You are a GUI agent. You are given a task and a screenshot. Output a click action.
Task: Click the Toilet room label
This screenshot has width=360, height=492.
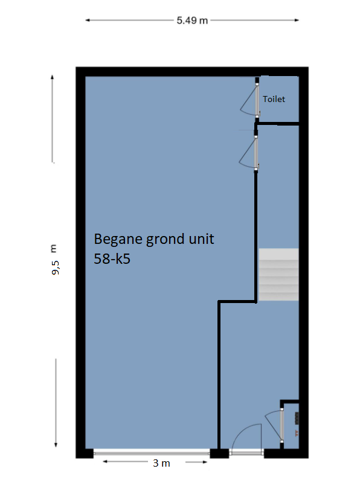[x=274, y=99]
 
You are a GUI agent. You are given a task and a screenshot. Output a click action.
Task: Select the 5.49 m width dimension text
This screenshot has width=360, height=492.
[x=192, y=21]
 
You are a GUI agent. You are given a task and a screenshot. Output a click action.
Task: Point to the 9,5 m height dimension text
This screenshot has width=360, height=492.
[x=54, y=260]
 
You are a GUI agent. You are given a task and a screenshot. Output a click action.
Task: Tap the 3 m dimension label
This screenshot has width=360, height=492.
[x=161, y=463]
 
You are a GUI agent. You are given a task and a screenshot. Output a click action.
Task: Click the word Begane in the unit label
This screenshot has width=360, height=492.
[x=118, y=240]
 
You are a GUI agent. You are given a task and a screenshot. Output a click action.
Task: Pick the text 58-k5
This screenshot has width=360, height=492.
[x=112, y=259]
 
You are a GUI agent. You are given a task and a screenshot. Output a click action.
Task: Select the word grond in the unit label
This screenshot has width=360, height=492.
[x=166, y=240]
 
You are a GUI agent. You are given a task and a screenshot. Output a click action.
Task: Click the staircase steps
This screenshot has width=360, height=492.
[x=278, y=275]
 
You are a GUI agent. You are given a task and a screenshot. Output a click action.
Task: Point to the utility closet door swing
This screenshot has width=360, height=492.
[x=272, y=425]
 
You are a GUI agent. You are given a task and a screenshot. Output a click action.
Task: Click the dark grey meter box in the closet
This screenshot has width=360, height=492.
[x=297, y=418]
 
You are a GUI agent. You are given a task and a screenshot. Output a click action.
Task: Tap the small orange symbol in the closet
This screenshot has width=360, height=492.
[x=297, y=433]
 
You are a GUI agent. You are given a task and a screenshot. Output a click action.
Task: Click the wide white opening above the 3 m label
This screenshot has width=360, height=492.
[x=152, y=452]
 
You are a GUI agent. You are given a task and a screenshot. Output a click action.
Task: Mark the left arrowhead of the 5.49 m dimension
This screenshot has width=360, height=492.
[x=88, y=21]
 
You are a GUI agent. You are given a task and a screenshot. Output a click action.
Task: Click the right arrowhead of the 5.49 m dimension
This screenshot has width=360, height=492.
[x=297, y=21]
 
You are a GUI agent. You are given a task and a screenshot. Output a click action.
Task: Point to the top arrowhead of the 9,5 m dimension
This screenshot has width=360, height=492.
[x=53, y=77]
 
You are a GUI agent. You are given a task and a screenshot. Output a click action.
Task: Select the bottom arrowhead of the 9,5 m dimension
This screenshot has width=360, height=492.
[x=56, y=444]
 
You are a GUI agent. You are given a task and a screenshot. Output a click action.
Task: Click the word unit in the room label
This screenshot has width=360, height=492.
[x=201, y=239]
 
